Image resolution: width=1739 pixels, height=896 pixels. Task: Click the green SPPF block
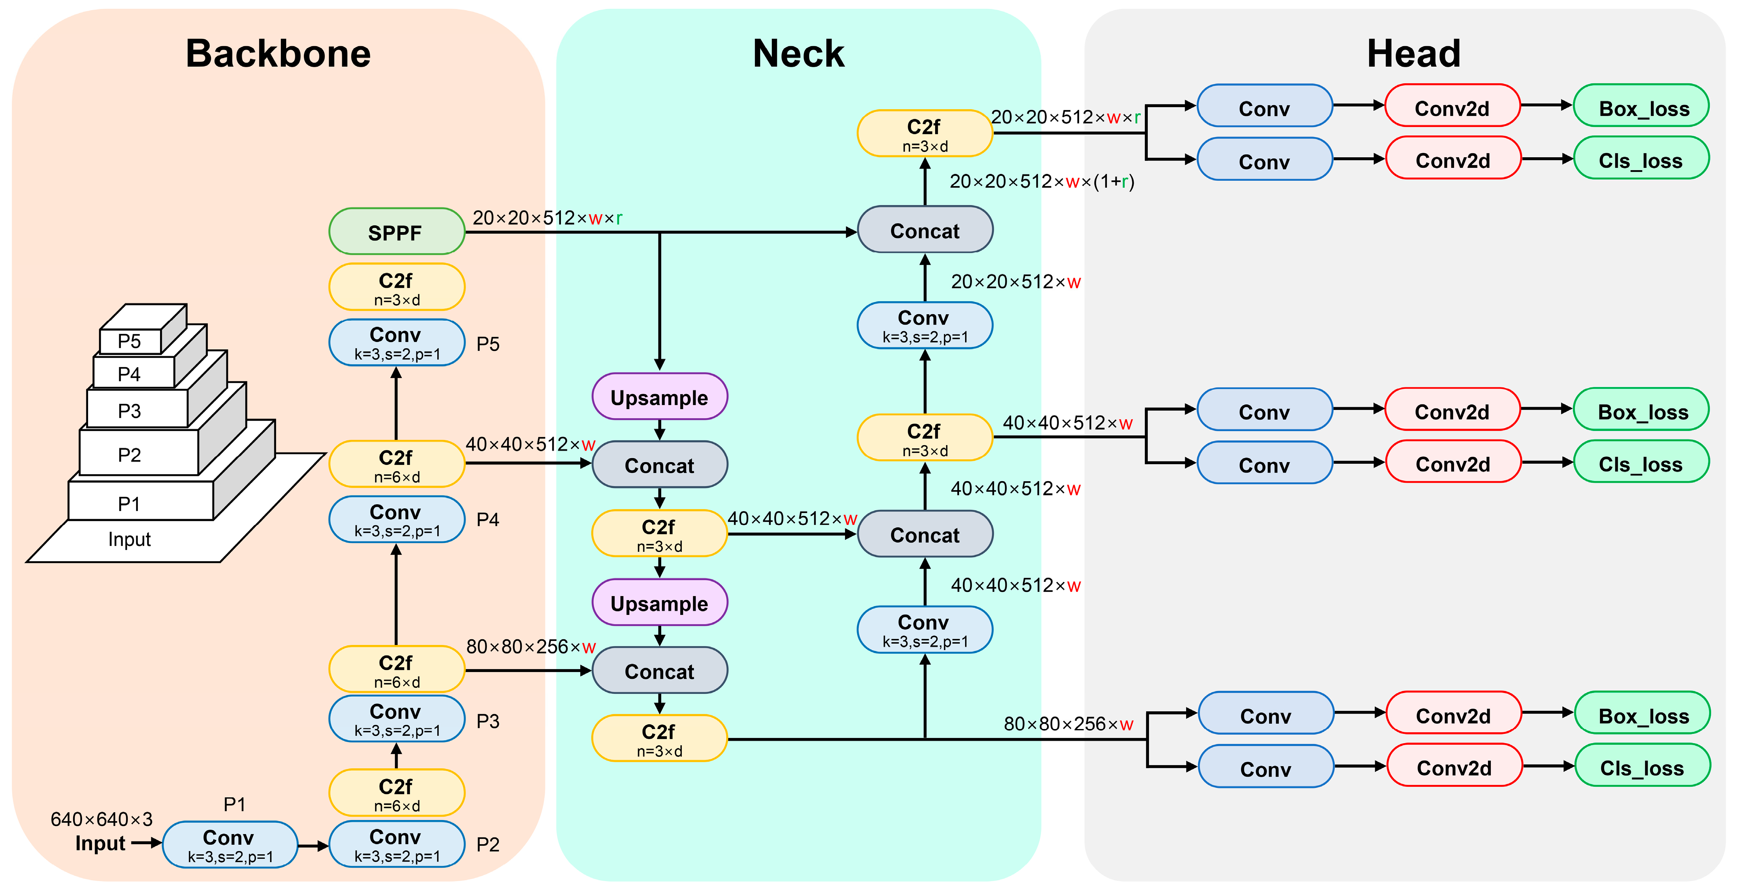tap(396, 232)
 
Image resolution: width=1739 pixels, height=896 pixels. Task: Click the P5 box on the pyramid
tap(130, 341)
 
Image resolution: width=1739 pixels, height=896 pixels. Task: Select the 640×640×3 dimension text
tap(101, 819)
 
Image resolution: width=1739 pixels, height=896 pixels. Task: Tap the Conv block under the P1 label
tap(230, 844)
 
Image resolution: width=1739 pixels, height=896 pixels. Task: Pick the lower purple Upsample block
tap(660, 602)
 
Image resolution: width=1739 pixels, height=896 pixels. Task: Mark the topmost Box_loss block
tap(1641, 106)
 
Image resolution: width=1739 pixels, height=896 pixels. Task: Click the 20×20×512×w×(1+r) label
tap(1041, 181)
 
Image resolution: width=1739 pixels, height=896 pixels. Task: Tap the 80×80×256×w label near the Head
tap(1068, 724)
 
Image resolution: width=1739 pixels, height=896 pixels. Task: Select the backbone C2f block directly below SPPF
tap(396, 287)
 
